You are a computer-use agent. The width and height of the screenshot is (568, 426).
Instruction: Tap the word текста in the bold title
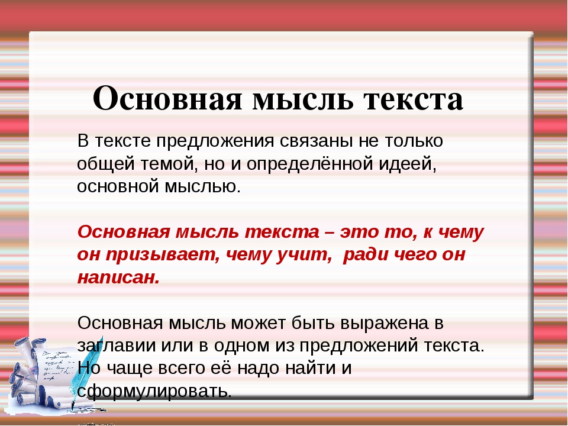(x=414, y=99)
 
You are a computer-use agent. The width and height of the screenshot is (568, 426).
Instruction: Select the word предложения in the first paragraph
(x=215, y=141)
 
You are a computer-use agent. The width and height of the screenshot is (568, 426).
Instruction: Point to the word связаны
(x=316, y=141)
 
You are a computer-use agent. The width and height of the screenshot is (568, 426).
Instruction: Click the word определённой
(x=310, y=164)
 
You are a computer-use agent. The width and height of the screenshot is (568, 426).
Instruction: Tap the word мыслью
(x=203, y=187)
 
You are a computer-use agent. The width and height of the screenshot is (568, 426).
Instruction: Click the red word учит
(x=305, y=255)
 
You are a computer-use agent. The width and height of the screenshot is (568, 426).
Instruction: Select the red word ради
(x=365, y=255)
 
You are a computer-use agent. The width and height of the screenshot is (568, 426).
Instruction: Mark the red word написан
(x=118, y=277)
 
